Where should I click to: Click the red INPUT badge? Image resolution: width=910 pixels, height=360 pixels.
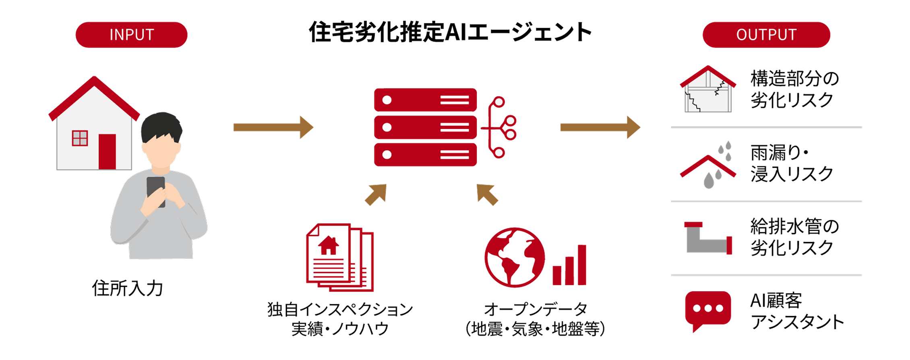click(131, 35)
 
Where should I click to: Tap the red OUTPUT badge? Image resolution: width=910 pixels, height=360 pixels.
click(766, 35)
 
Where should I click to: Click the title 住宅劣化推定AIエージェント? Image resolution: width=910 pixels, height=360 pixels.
click(450, 32)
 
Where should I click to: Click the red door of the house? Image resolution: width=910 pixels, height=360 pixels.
click(107, 151)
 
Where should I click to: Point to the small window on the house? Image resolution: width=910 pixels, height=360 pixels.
click(80, 138)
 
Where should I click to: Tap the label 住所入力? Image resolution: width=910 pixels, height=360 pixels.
click(127, 288)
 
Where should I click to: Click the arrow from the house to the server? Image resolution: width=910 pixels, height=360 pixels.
click(273, 127)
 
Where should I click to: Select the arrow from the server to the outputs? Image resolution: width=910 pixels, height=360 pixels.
click(600, 127)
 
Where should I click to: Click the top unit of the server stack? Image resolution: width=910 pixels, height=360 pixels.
click(425, 100)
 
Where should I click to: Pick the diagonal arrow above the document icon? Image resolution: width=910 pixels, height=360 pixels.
click(376, 194)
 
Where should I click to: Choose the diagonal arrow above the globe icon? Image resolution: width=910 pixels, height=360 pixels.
click(487, 194)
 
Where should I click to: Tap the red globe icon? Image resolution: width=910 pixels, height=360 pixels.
click(515, 257)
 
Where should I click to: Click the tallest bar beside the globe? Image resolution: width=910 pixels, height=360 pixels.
click(582, 265)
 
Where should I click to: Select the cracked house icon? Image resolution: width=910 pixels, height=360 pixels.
click(708, 89)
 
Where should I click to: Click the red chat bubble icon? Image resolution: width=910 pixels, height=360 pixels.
click(708, 309)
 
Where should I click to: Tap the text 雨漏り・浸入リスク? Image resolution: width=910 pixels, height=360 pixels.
click(791, 163)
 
